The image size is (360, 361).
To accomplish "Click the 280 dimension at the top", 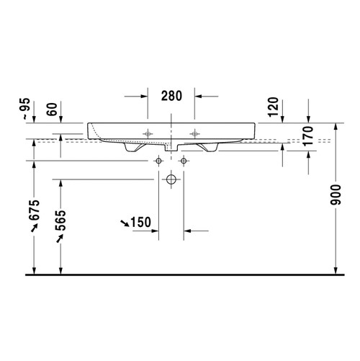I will click(x=172, y=95).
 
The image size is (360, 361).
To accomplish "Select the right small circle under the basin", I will click(x=184, y=159).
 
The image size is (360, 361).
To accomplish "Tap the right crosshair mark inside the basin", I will click(x=195, y=133).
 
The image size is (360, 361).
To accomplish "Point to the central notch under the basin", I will click(x=171, y=148).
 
